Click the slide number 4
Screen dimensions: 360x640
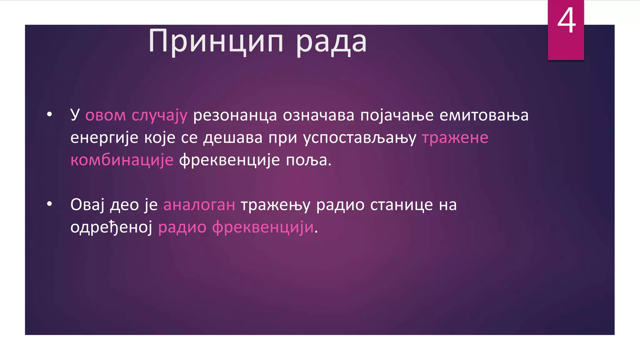tap(566, 21)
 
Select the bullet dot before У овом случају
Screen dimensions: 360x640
tap(49, 115)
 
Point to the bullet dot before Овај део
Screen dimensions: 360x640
tap(49, 204)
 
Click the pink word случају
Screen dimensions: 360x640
tap(159, 115)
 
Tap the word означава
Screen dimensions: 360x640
tap(318, 115)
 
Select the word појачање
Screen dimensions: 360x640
tap(397, 115)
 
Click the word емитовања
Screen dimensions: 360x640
tap(484, 115)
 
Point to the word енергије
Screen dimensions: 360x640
tap(104, 138)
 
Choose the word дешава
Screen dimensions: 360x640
tap(233, 138)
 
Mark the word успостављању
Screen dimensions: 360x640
tap(360, 138)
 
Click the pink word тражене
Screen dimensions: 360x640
tap(455, 138)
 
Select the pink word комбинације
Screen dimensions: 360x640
tap(122, 160)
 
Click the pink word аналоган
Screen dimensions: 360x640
tap(199, 205)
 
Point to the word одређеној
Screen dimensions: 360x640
tap(111, 227)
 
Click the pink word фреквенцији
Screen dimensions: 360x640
tap(263, 227)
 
